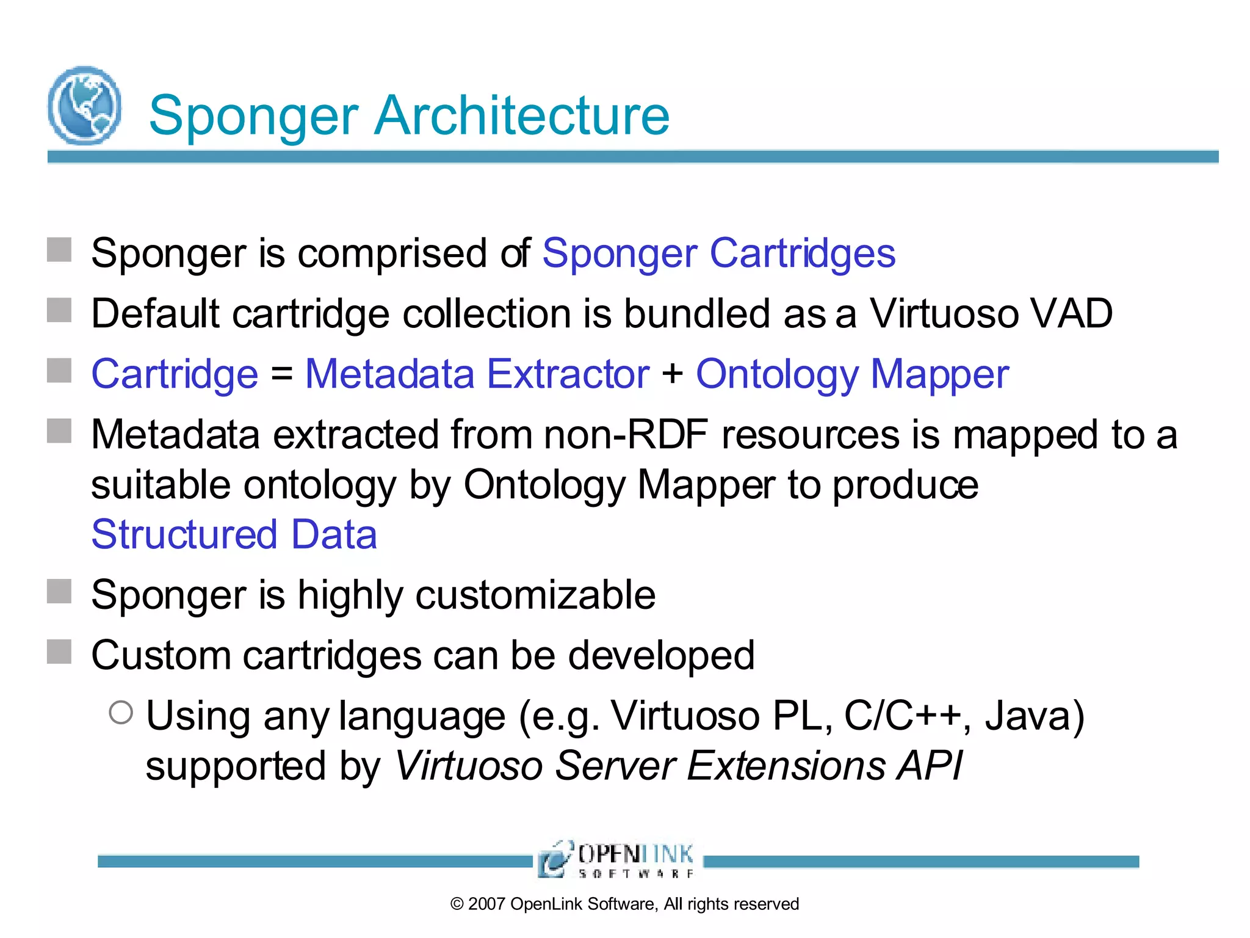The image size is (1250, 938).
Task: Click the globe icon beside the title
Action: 84,106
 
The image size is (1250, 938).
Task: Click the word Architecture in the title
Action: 522,115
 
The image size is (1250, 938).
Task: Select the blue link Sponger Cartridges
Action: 718,253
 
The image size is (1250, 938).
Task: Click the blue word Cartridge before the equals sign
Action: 175,374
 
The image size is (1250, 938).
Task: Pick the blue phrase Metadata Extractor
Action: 477,374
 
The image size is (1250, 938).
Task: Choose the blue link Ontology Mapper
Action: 852,374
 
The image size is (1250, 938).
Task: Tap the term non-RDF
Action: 626,435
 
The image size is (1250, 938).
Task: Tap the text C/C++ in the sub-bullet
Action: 902,716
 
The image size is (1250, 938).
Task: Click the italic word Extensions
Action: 786,766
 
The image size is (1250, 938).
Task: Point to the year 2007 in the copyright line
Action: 486,904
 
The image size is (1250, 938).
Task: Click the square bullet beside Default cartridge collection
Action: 59,310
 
